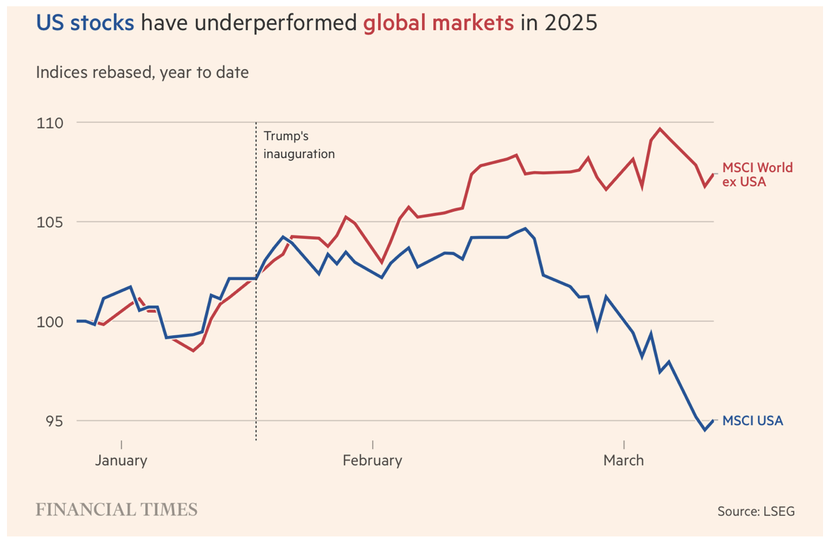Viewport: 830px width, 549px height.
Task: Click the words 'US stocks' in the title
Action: pos(84,23)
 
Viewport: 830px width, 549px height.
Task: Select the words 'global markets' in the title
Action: pos(438,23)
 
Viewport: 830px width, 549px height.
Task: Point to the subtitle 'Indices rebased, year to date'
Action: pos(142,72)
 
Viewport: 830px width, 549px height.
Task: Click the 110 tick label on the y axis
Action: pos(49,123)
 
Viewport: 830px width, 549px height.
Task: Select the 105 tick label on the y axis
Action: pos(49,222)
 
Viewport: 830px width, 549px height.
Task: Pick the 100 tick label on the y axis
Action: pos(49,322)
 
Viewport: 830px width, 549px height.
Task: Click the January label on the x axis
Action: pos(121,461)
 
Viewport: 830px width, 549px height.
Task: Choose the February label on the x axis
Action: pos(372,461)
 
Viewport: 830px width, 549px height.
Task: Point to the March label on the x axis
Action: pos(624,461)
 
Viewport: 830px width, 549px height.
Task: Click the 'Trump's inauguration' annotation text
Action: pos(299,144)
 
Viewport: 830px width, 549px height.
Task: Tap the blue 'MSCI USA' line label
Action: pos(752,421)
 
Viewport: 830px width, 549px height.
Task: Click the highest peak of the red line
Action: pos(660,129)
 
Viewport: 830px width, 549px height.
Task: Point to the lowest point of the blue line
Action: pos(705,430)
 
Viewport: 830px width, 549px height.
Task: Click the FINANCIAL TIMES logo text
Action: pos(116,510)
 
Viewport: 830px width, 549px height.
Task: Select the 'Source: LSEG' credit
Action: pos(755,511)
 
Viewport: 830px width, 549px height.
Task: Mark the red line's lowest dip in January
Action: pos(193,350)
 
